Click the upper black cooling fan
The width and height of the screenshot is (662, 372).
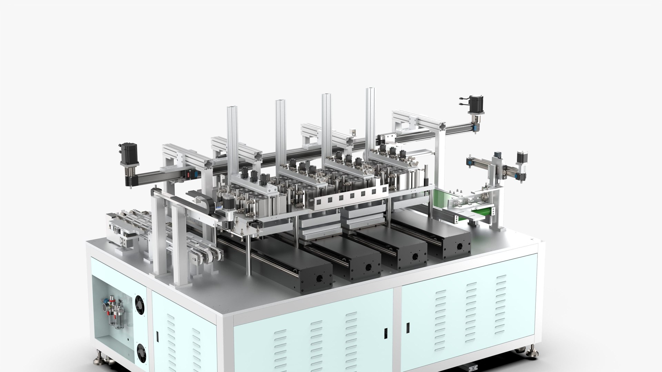pyautogui.click(x=140, y=304)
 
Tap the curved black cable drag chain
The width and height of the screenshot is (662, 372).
pyautogui.click(x=203, y=203)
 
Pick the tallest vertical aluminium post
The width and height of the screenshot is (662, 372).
pyautogui.click(x=370, y=117)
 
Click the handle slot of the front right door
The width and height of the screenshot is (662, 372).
pyautogui.click(x=408, y=328)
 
